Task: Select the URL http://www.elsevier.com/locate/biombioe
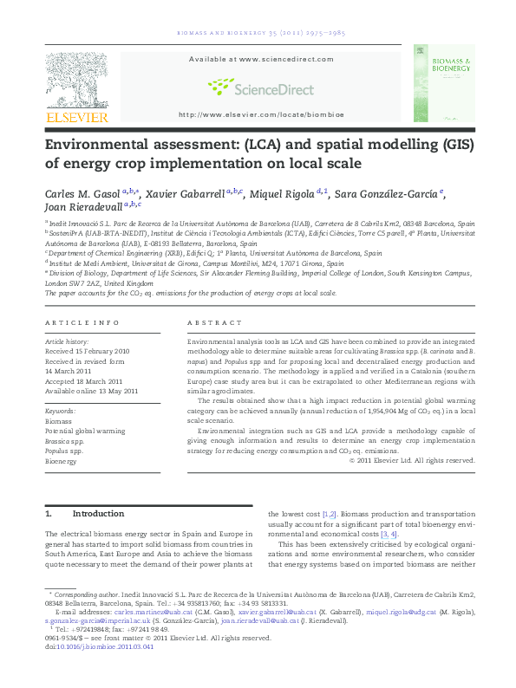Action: [x=260, y=114]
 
